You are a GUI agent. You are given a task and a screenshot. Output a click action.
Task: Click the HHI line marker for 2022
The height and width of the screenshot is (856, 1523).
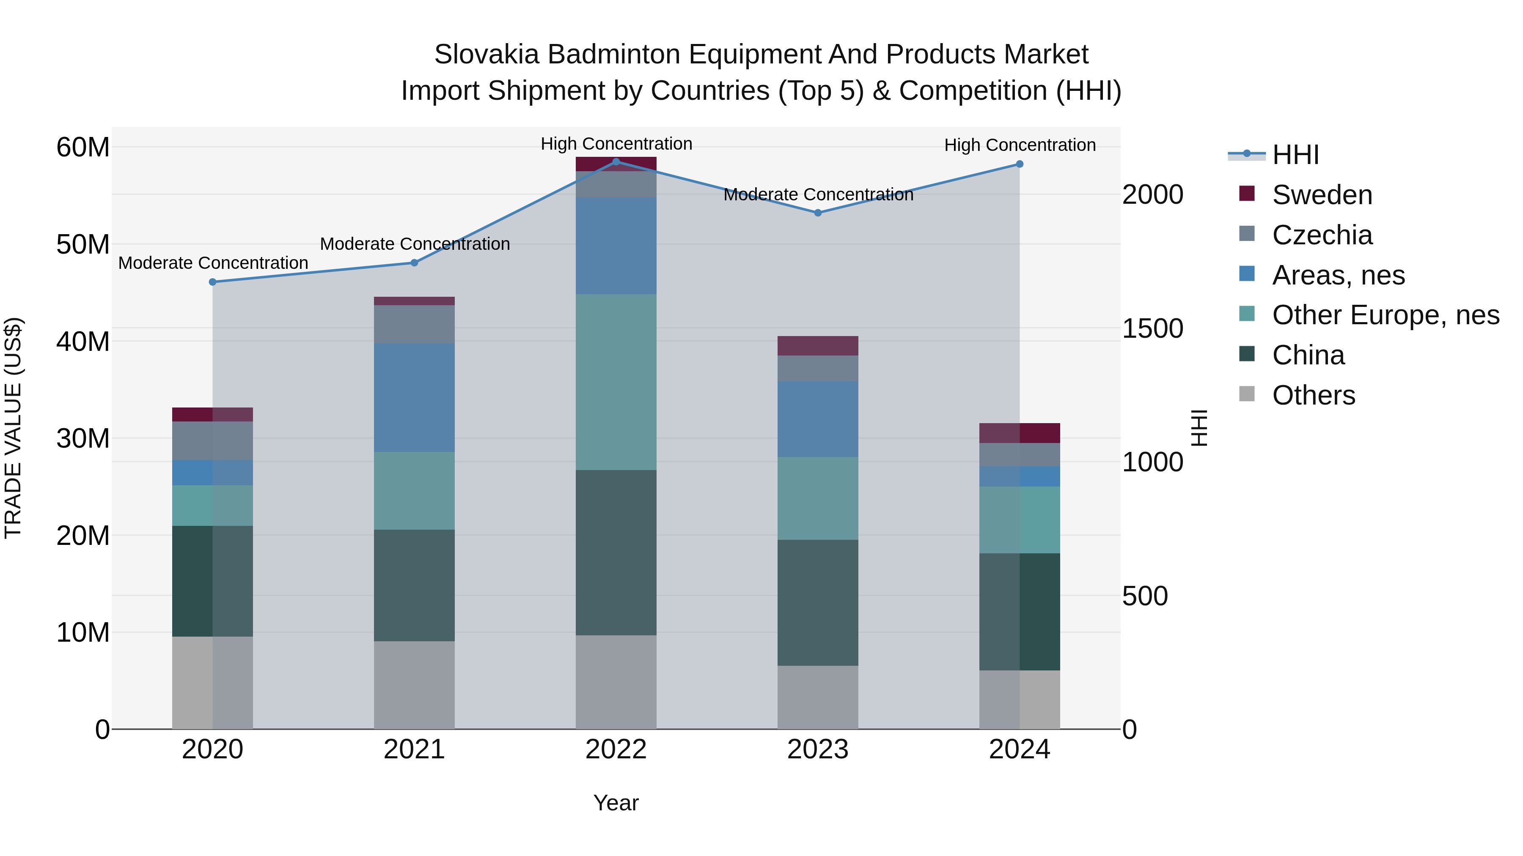[616, 162]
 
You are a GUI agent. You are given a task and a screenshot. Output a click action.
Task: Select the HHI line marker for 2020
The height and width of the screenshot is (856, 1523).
[213, 282]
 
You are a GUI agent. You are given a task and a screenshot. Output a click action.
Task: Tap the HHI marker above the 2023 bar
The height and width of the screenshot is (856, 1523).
[818, 213]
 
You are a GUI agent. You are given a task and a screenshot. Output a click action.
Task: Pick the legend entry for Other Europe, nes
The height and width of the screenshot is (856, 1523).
[1385, 315]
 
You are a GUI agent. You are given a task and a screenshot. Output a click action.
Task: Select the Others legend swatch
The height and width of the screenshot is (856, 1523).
[1247, 394]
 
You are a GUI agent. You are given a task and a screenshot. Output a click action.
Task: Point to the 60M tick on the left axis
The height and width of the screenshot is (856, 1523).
[83, 147]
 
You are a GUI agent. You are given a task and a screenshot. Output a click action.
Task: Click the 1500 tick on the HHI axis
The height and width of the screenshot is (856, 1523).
[1152, 328]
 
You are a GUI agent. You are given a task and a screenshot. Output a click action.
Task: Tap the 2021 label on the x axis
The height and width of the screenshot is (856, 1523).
[414, 749]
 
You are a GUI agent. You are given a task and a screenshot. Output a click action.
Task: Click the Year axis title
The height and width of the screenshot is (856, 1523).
[616, 803]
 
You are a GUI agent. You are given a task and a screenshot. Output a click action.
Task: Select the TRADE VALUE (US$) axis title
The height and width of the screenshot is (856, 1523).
[13, 428]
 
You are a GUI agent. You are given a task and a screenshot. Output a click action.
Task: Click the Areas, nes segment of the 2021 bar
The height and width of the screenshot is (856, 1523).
[414, 398]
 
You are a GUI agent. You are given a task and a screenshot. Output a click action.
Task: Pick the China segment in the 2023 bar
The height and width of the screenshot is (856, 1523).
[818, 602]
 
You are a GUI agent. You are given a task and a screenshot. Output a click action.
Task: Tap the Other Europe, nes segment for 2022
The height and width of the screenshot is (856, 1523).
[616, 382]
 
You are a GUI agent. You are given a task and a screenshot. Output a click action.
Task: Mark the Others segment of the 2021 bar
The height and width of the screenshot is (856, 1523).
[414, 685]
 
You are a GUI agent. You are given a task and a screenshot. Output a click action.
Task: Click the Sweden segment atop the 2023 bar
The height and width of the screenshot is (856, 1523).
[818, 346]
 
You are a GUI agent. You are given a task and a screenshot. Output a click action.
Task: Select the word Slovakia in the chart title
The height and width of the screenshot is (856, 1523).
[486, 55]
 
